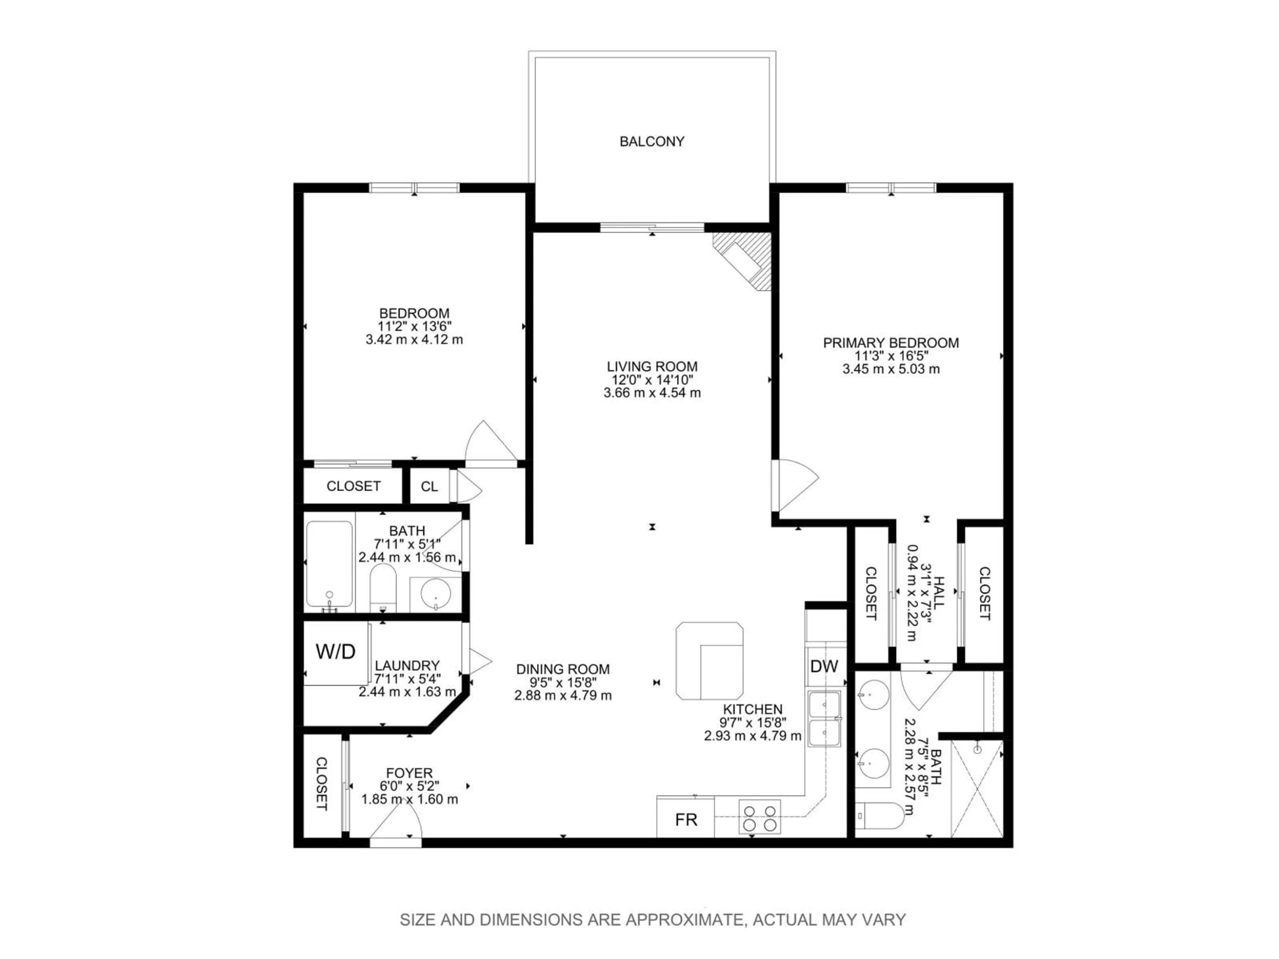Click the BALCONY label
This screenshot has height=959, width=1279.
coord(651,142)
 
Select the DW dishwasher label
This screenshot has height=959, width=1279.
coord(824,667)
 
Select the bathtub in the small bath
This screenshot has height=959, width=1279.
coord(329,565)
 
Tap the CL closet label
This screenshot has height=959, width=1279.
coord(429,487)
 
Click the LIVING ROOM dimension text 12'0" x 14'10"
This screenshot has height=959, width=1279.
coord(652,380)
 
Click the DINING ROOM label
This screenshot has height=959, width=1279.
coord(563,669)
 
